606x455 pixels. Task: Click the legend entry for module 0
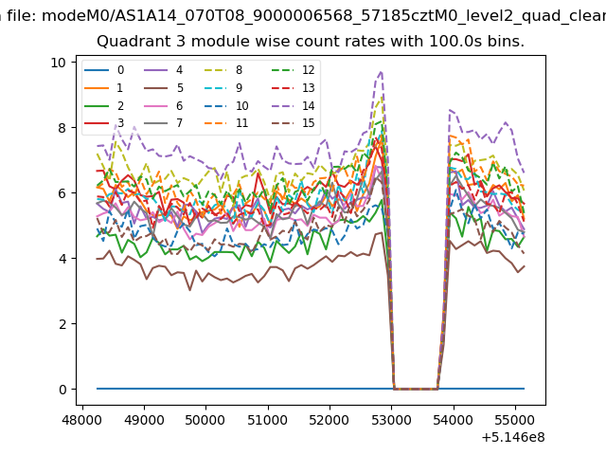pos(104,70)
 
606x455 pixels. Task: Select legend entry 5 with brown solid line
pos(164,88)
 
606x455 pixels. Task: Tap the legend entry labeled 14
pos(294,105)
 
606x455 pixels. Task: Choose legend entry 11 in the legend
pos(226,123)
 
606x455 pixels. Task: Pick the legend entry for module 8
pos(223,70)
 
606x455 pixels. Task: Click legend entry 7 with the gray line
pos(163,123)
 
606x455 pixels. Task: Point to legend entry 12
pos(294,70)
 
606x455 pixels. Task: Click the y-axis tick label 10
pos(59,63)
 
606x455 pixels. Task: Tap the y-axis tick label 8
pos(62,128)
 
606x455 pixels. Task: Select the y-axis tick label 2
pos(62,324)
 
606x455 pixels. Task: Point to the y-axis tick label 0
pos(62,390)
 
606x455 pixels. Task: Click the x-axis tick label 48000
pos(81,420)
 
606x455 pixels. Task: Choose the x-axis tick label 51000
pos(267,420)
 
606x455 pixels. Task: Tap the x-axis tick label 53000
pos(391,420)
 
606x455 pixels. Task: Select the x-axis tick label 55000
pos(515,420)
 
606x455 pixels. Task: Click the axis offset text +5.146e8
pos(513,438)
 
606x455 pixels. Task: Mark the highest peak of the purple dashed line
pos(381,72)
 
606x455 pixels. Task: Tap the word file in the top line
pos(22,16)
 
